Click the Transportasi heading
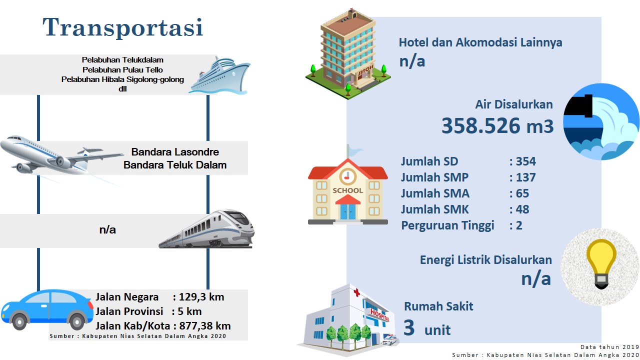click(123, 27)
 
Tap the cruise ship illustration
click(219, 75)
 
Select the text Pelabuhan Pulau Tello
click(122, 69)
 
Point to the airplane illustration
click(61, 155)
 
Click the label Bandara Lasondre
click(175, 151)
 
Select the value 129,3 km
click(201, 297)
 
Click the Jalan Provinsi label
click(129, 311)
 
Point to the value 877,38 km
click(205, 325)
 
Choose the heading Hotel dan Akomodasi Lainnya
click(480, 42)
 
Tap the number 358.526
click(481, 125)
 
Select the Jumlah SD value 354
click(525, 161)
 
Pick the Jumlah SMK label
click(435, 209)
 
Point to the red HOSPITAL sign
click(379, 315)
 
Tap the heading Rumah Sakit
click(438, 306)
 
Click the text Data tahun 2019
click(609, 347)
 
